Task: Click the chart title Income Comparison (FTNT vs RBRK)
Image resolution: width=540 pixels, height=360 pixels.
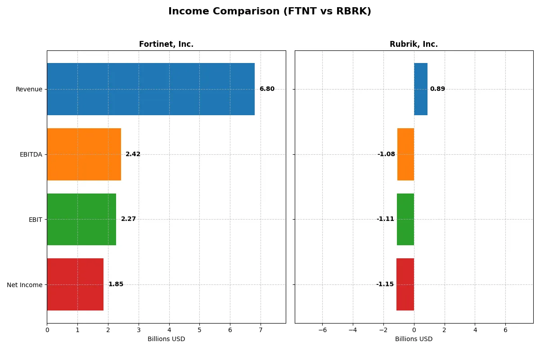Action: pyautogui.click(x=270, y=11)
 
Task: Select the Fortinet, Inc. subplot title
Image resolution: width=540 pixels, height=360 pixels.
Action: pyautogui.click(x=166, y=44)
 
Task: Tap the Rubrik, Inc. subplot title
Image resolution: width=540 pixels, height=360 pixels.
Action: pyautogui.click(x=414, y=44)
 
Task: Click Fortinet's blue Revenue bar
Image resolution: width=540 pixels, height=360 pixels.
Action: pyautogui.click(x=151, y=89)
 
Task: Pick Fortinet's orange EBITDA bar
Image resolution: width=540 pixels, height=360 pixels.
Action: pyautogui.click(x=84, y=154)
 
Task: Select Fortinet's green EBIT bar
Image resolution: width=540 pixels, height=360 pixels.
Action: pyautogui.click(x=81, y=219)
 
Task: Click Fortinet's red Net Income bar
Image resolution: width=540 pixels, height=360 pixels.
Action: pyautogui.click(x=75, y=284)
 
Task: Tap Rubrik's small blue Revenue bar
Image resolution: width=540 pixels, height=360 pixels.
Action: pyautogui.click(x=421, y=89)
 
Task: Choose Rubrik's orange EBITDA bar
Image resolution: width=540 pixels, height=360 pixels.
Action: pyautogui.click(x=405, y=154)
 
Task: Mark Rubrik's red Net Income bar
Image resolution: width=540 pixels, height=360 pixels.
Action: pyautogui.click(x=405, y=284)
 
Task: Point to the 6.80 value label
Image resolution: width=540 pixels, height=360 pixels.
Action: pyautogui.click(x=267, y=89)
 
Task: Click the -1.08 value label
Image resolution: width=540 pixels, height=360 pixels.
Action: pyautogui.click(x=386, y=154)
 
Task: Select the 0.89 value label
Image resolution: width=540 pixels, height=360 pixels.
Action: pyautogui.click(x=437, y=89)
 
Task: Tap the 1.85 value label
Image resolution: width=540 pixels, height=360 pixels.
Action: pyautogui.click(x=116, y=284)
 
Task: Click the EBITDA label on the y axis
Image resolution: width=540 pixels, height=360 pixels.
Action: pyautogui.click(x=31, y=154)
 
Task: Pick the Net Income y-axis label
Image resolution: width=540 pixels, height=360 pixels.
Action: pyautogui.click(x=25, y=285)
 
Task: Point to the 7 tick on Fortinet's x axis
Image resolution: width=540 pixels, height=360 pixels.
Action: pyautogui.click(x=261, y=330)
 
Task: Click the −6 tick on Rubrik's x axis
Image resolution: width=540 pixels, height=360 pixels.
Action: pyautogui.click(x=322, y=330)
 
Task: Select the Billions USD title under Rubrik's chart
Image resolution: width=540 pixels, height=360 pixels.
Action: pyautogui.click(x=414, y=339)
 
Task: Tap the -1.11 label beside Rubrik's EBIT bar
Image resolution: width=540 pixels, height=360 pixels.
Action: pyautogui.click(x=385, y=219)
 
